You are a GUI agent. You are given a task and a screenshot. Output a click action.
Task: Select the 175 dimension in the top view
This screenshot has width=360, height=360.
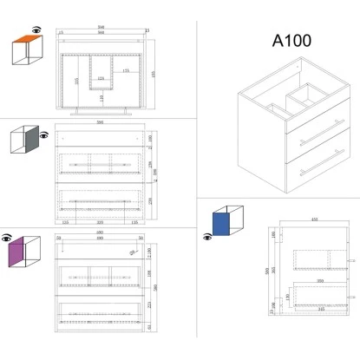click(126, 70)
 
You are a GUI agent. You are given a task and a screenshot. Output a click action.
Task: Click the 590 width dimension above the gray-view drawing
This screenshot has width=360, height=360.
click(101, 125)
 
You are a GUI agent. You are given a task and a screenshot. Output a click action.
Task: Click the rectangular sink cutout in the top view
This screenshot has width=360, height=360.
click(103, 68)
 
